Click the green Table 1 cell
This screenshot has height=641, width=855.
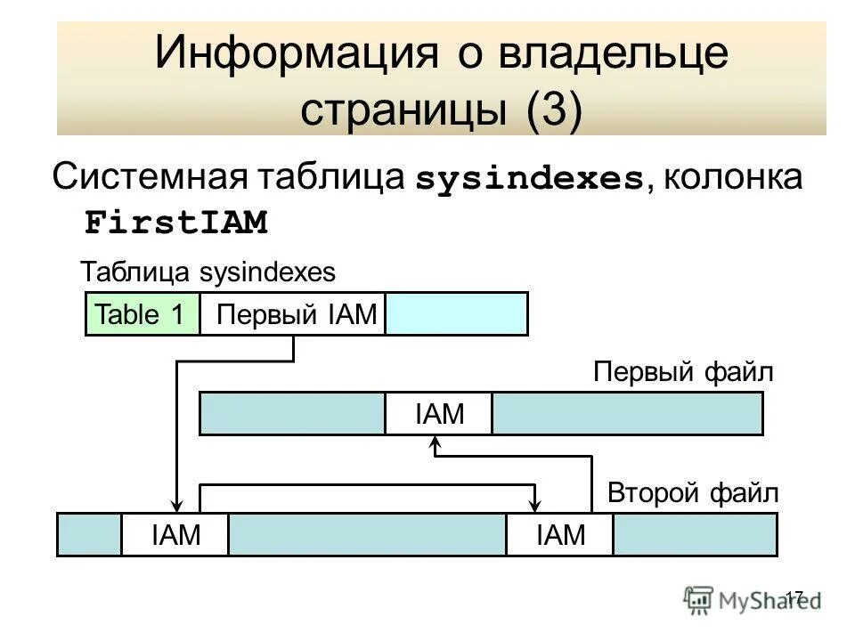tap(142, 314)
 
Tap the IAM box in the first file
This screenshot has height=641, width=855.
tap(439, 414)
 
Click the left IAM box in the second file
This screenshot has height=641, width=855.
tap(175, 535)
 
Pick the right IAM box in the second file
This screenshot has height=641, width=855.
tap(560, 535)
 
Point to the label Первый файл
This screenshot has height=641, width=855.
tap(684, 372)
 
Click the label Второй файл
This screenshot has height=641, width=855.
tap(692, 492)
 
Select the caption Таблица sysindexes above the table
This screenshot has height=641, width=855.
tap(208, 272)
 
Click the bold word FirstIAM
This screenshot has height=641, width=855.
tap(176, 223)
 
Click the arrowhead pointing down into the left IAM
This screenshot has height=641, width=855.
tap(176, 506)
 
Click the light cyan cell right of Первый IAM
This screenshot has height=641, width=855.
tap(456, 314)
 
